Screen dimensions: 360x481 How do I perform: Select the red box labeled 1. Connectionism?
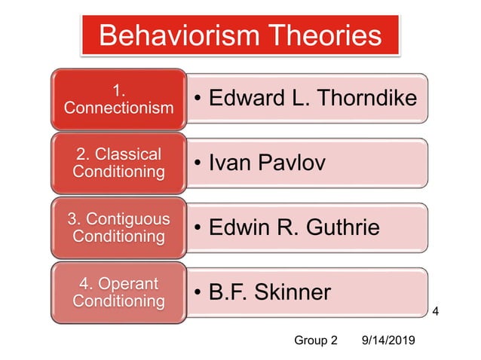(118, 99)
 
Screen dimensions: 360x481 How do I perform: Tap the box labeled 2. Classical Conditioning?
(118, 163)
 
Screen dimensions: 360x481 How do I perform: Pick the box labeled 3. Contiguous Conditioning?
(118, 227)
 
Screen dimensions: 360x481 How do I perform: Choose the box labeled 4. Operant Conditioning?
(118, 292)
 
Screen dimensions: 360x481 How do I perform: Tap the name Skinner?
(293, 292)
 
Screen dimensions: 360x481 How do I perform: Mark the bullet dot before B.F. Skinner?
(198, 293)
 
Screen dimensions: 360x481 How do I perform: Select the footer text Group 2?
(315, 340)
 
